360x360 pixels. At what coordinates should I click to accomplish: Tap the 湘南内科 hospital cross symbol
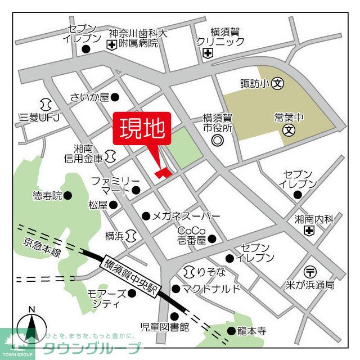click(309, 231)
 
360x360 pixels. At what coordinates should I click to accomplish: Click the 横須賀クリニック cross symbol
click(208, 53)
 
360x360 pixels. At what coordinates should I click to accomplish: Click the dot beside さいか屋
click(115, 97)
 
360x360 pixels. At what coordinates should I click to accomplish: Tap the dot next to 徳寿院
click(68, 196)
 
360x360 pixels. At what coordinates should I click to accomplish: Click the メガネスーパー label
click(186, 216)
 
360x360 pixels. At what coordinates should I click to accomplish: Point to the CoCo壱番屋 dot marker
click(212, 239)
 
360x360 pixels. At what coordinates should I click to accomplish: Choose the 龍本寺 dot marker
click(231, 331)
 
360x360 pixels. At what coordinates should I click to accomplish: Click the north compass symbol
click(32, 328)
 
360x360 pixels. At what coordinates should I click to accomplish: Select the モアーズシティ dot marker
click(132, 293)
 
